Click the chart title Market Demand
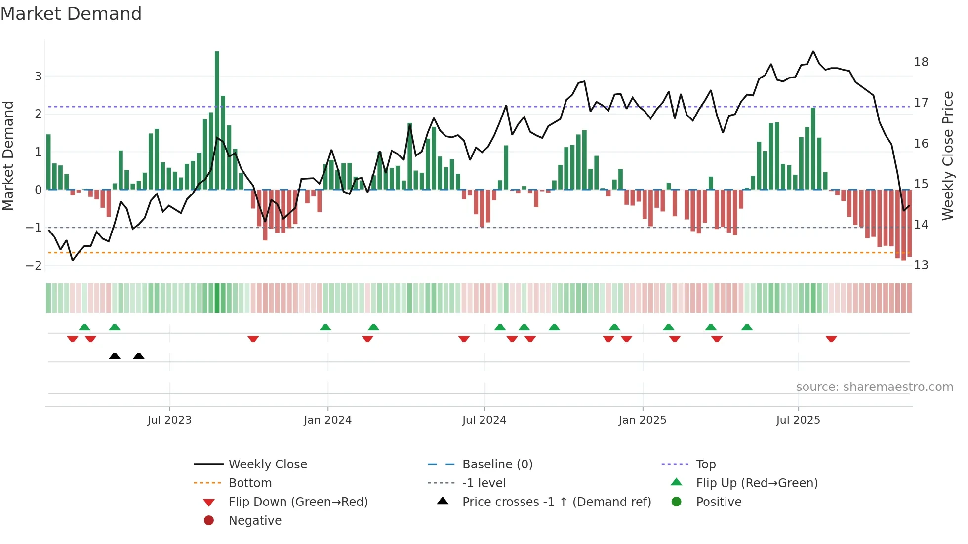click(71, 14)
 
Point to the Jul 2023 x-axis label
click(169, 420)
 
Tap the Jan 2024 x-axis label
click(327, 420)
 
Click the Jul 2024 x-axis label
click(484, 420)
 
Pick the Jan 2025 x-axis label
click(642, 420)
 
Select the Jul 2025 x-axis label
click(798, 420)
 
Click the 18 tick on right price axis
click(921, 62)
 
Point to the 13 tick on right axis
click(921, 265)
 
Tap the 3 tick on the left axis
click(38, 76)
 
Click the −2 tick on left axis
click(34, 265)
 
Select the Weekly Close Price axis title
click(947, 155)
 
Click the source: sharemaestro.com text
click(874, 387)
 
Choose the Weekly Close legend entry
click(268, 465)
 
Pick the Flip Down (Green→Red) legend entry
click(298, 502)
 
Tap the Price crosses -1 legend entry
click(556, 502)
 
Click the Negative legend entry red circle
click(209, 521)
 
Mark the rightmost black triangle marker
click(139, 356)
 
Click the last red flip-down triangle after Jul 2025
click(831, 339)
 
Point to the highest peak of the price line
click(813, 51)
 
